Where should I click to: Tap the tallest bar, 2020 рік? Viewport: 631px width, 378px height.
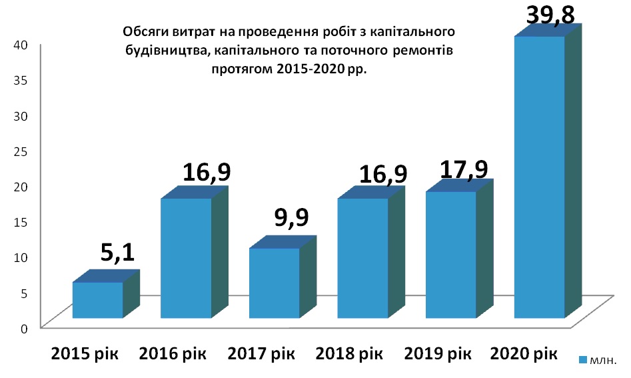539,177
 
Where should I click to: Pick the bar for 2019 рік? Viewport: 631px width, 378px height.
450,255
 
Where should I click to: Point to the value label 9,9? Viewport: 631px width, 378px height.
291,217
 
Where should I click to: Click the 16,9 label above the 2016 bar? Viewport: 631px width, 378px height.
207,172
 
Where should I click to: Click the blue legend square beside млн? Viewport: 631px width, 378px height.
583,361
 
